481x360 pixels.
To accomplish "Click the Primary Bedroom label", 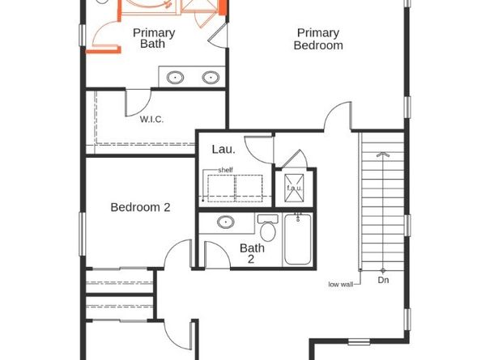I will (x=317, y=39).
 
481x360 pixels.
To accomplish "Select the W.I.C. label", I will (x=151, y=119).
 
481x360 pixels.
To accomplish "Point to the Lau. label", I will (x=223, y=149).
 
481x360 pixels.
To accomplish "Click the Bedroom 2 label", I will (x=140, y=207).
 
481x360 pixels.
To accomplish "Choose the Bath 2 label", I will (x=252, y=254).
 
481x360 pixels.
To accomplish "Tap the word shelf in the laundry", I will (x=226, y=170).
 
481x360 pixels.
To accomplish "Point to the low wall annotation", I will (x=341, y=284).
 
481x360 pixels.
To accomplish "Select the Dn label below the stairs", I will (x=383, y=281).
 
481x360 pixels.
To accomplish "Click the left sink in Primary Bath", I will (x=175, y=78).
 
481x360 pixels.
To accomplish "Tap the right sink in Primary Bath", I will (x=210, y=78).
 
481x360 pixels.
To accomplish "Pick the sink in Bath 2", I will (x=227, y=222).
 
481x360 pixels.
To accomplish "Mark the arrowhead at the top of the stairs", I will (x=383, y=154).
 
